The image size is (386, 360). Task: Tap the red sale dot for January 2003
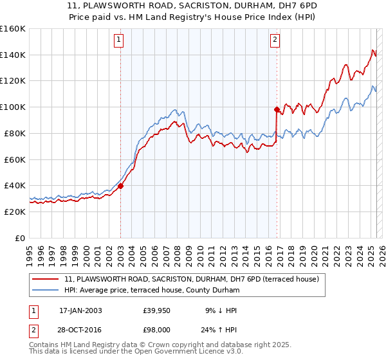120,185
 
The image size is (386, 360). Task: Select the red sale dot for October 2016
277,109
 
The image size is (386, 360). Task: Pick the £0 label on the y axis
19,238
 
